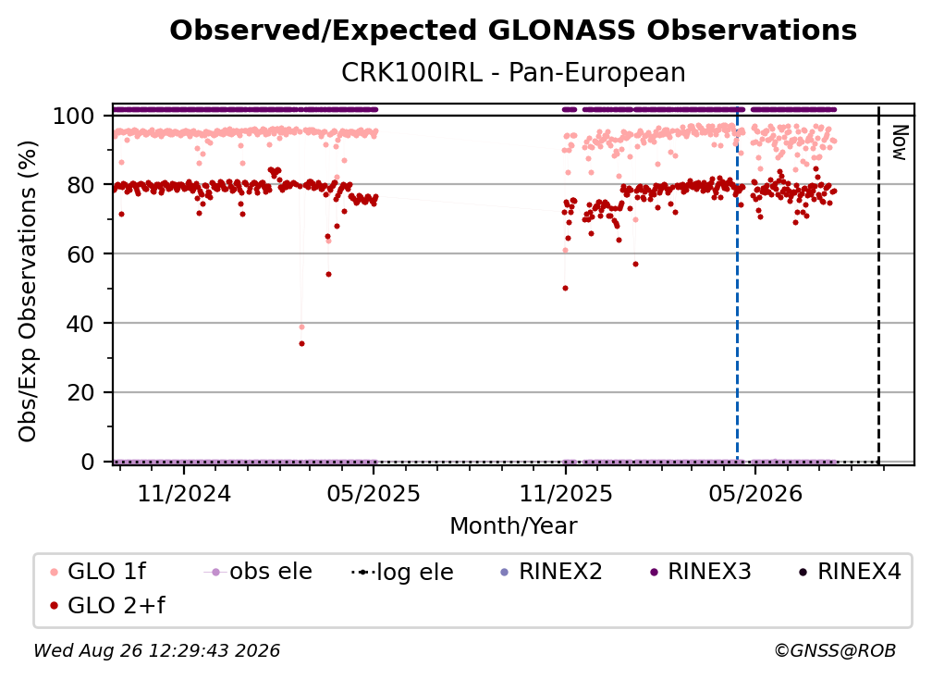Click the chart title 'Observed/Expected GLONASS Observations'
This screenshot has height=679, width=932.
coord(513,31)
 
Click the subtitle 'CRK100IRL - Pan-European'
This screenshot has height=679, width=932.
coord(513,72)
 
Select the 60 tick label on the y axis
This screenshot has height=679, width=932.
coord(80,254)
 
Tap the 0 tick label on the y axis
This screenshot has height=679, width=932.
coord(88,462)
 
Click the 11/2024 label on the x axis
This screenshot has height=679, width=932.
coord(184,493)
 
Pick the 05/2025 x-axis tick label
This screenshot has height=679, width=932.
coord(374,493)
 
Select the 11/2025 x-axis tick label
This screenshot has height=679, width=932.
coord(566,493)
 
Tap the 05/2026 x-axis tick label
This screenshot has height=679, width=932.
coord(755,493)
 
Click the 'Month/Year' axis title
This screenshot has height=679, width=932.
coord(513,526)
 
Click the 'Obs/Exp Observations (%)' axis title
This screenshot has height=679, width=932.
coord(28,291)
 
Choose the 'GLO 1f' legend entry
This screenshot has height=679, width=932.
coord(98,572)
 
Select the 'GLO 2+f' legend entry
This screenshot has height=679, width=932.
coord(107,606)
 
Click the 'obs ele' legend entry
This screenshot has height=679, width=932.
coord(258,572)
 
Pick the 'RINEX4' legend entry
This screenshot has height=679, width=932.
coord(850,572)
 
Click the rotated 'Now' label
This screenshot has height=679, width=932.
coord(900,142)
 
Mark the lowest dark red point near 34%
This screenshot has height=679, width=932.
coord(302,343)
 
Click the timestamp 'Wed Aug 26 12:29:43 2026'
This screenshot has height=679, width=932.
coord(157,651)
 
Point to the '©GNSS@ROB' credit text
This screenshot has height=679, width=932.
coord(835,651)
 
